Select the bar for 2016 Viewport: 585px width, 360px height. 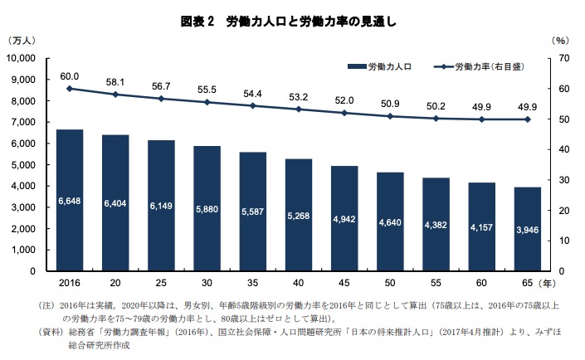point(70,200)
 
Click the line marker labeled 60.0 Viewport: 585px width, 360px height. point(70,88)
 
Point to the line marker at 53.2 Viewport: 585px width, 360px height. point(299,109)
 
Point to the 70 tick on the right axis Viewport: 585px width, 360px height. point(563,58)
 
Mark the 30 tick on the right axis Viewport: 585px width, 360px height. point(563,179)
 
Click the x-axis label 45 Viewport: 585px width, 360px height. point(344,282)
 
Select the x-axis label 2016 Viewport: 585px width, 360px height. point(70,282)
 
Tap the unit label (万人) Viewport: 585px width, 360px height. point(22,40)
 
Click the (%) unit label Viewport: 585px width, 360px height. point(560,40)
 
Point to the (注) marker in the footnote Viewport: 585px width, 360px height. point(47,306)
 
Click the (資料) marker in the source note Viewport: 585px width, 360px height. point(51,332)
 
